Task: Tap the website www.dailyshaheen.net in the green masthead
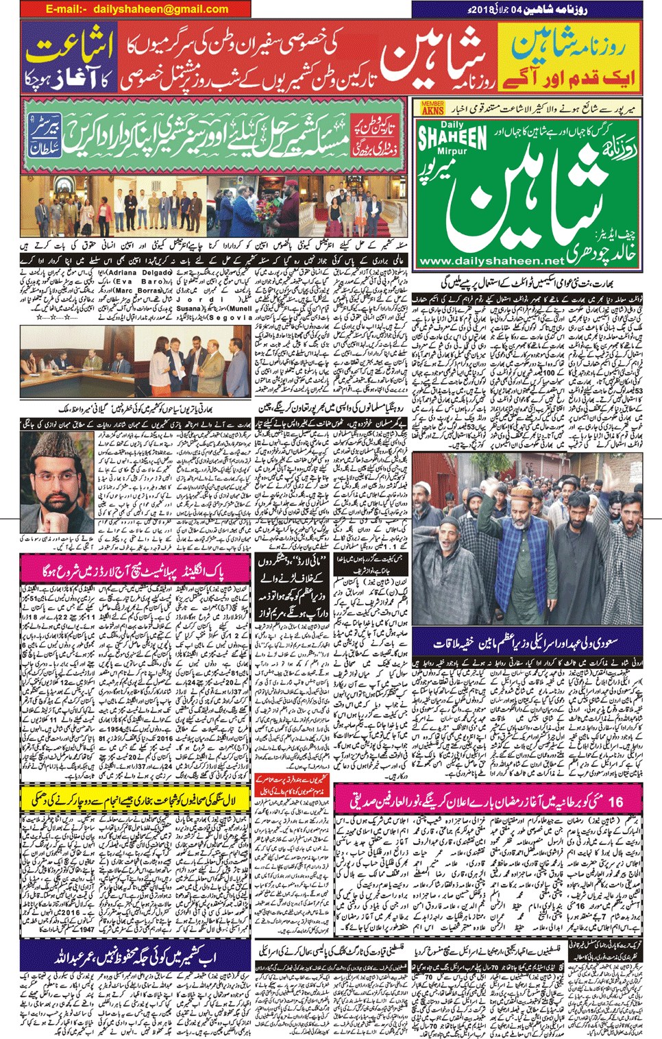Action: pos(491,261)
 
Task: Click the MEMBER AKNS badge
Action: pos(432,108)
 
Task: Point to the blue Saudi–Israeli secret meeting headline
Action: pos(526,644)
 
